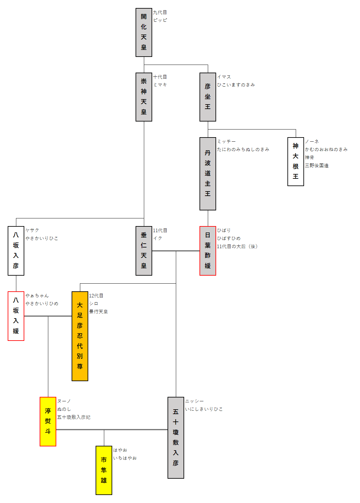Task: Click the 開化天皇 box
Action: [x=144, y=32]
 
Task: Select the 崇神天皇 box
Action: [x=144, y=97]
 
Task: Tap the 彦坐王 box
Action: [x=208, y=97]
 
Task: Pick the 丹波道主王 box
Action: [x=208, y=174]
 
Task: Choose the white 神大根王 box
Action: [x=296, y=161]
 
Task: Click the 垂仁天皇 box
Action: [x=144, y=251]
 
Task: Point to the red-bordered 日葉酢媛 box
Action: [x=208, y=251]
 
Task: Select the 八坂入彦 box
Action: [x=16, y=251]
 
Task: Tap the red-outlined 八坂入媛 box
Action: [x=16, y=316]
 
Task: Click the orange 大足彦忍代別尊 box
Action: [x=80, y=336]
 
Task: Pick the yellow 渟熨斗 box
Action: [x=48, y=421]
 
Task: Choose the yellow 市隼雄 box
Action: [x=104, y=470]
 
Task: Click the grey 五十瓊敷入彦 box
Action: [x=176, y=437]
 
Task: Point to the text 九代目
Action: [x=160, y=12]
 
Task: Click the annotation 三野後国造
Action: [x=317, y=166]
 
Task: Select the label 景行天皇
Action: [x=98, y=312]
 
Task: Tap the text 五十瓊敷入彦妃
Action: [x=74, y=417]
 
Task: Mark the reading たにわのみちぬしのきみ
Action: [x=243, y=149]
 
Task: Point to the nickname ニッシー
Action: [x=194, y=401]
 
